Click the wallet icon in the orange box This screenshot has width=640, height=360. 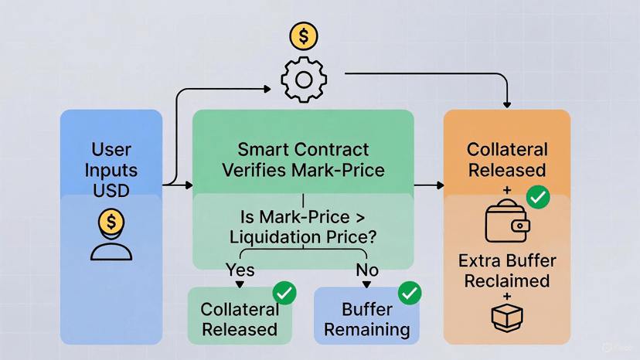tap(507, 222)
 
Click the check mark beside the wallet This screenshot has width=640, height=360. tap(537, 197)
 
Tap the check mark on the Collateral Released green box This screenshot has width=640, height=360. tap(284, 294)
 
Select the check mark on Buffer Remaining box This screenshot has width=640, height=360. tap(409, 294)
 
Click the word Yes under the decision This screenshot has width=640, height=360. tap(240, 270)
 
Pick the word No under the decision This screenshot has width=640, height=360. tap(366, 270)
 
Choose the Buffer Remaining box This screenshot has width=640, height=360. tap(366, 317)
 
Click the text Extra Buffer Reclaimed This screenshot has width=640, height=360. tap(507, 270)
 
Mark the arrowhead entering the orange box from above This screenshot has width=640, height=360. tap(507, 103)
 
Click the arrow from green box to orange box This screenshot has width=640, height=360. tap(430, 185)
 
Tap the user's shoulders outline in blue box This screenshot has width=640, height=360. tap(112, 250)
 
